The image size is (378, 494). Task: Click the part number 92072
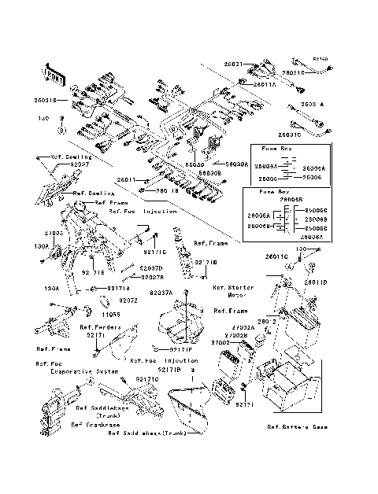[128, 300]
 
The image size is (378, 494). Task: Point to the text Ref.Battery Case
[297, 427]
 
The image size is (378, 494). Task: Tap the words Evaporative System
[74, 370]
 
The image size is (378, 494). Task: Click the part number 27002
[220, 343]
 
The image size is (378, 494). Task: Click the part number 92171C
[147, 379]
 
